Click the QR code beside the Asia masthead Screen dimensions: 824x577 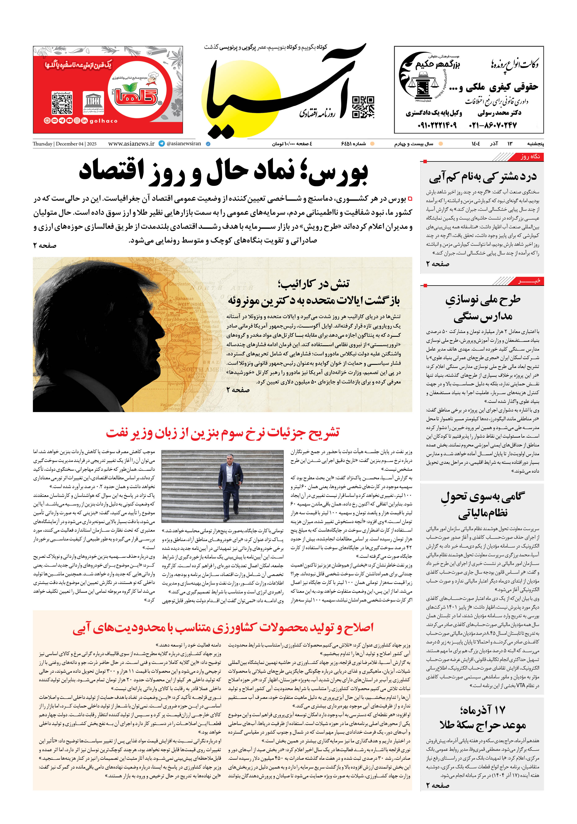[363, 107]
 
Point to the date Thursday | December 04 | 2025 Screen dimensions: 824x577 [65, 144]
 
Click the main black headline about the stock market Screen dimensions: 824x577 [223, 172]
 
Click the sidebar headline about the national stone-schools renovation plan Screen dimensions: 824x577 [483, 308]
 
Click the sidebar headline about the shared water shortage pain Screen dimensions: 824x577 [483, 177]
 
